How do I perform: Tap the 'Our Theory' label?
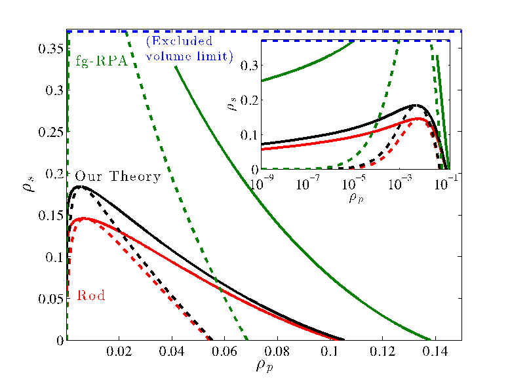click(117, 176)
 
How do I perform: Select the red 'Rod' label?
click(91, 296)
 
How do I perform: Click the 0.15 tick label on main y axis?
click(50, 216)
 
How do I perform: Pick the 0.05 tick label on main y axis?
click(50, 299)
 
